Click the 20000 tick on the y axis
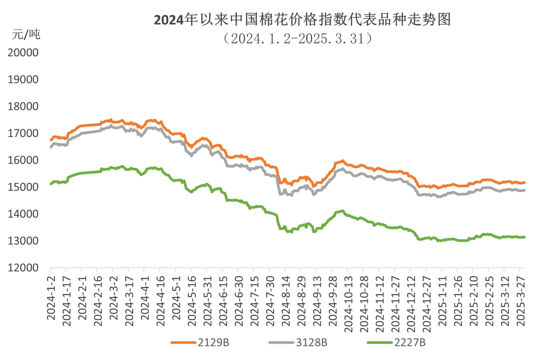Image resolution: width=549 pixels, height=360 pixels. (23, 53)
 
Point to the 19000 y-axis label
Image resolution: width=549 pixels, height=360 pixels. (23, 80)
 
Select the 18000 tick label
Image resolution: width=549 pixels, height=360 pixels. (23, 106)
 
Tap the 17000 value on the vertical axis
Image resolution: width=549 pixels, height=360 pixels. (23, 133)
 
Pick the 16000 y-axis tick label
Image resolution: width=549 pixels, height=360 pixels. (23, 160)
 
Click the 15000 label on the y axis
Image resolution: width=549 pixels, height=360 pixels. (23, 187)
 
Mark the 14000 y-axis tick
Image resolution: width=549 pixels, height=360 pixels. (23, 214)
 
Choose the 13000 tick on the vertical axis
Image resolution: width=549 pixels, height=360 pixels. (23, 241)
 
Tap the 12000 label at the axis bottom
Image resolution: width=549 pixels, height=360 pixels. (23, 268)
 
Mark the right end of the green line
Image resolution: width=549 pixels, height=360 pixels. (525, 237)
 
